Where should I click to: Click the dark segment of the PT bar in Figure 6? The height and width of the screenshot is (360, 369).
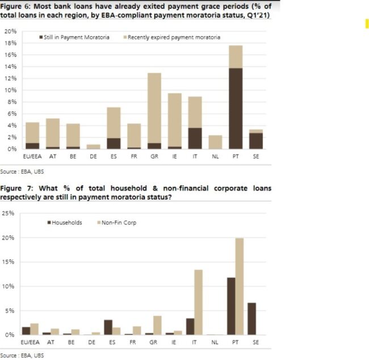click(235, 108)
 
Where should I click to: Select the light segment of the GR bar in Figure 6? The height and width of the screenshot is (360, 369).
click(154, 108)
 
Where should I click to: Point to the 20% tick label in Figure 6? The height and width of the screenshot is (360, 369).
click(10, 31)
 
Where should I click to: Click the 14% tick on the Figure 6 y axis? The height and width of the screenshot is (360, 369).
click(10, 66)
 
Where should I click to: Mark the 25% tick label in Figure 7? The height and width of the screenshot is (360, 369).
click(8, 214)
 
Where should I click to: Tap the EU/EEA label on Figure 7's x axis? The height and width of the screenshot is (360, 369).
click(30, 344)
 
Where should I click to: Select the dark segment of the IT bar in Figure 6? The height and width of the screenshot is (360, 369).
click(195, 138)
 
